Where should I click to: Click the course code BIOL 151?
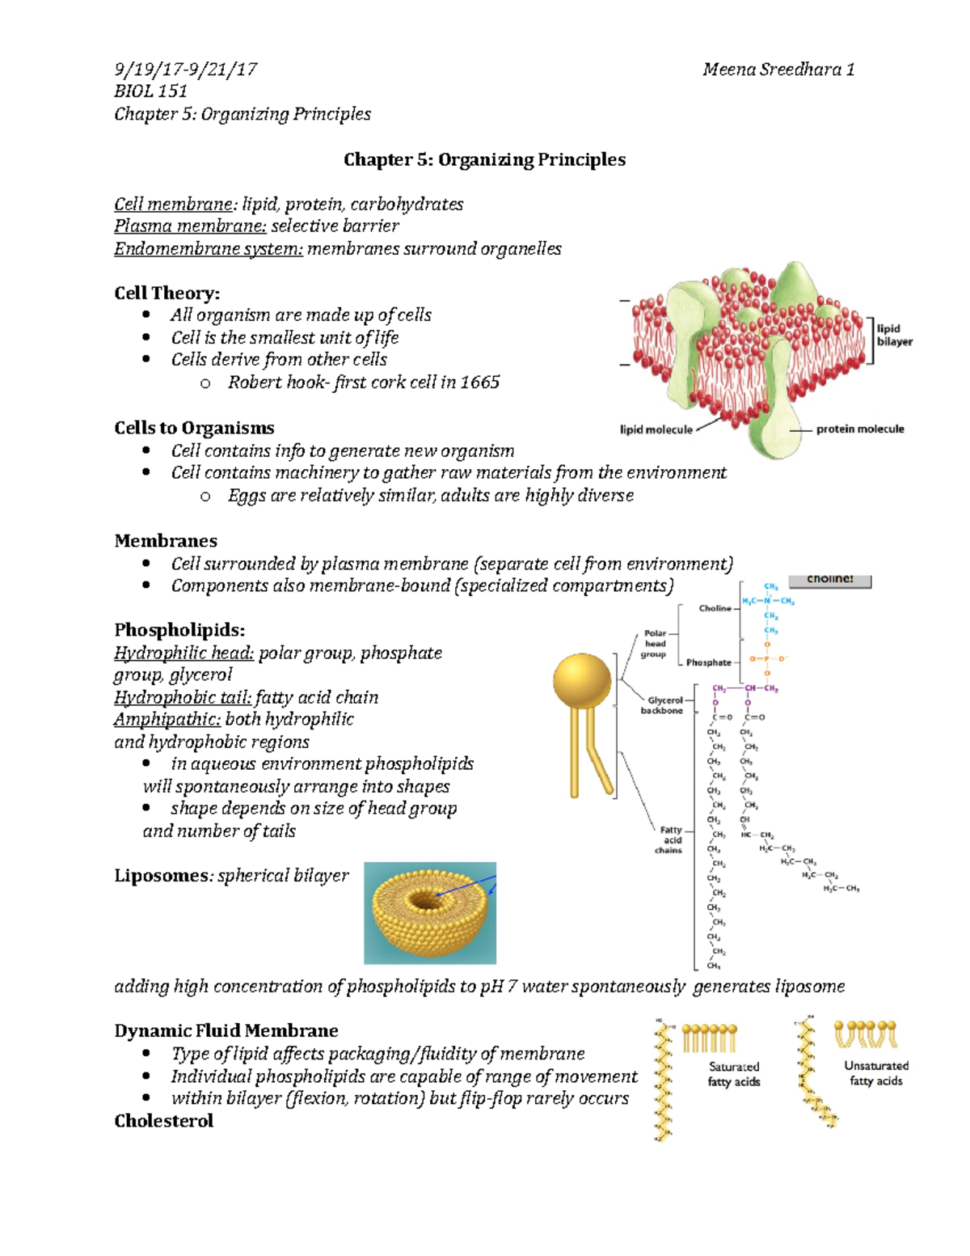click(x=150, y=91)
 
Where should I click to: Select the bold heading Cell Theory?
click(x=167, y=293)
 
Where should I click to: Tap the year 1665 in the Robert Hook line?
click(x=479, y=383)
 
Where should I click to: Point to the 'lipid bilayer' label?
click(x=894, y=335)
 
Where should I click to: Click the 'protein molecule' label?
click(x=859, y=429)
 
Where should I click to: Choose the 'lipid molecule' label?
click(x=656, y=429)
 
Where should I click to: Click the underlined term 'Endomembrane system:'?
click(x=209, y=249)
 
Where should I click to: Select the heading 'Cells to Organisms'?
click(x=194, y=428)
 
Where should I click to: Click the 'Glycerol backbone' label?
click(x=663, y=705)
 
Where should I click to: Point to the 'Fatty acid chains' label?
click(x=670, y=839)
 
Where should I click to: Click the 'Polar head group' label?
click(x=655, y=644)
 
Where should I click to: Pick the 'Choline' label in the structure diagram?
click(x=715, y=608)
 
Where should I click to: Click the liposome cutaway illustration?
click(x=429, y=912)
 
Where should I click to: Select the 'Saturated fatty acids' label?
click(x=733, y=1074)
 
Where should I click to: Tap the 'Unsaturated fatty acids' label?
click(x=875, y=1073)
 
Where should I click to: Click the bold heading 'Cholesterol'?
click(x=163, y=1121)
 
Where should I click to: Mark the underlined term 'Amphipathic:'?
click(x=167, y=720)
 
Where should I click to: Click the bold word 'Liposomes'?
click(x=162, y=876)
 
